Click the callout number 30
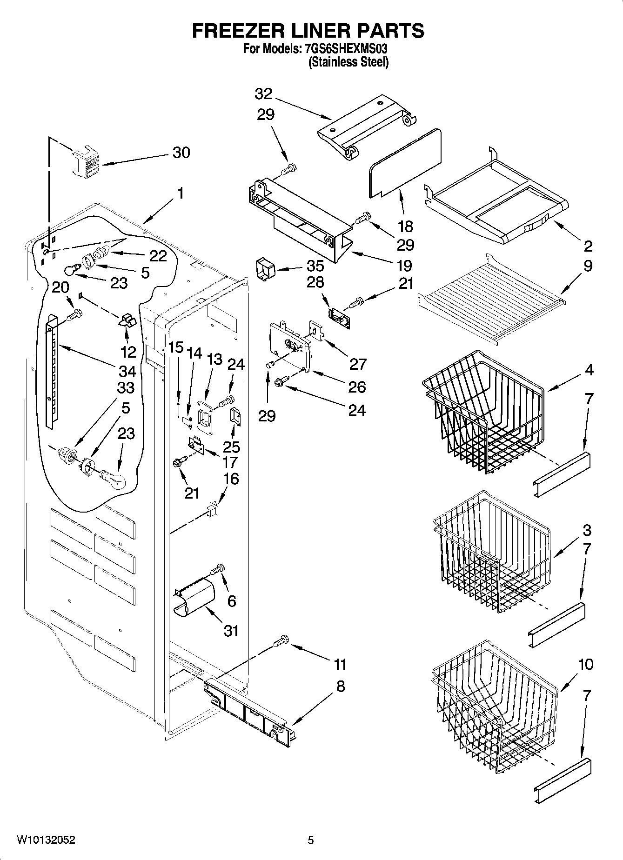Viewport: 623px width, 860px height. click(x=181, y=153)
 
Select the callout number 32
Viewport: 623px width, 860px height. click(x=263, y=94)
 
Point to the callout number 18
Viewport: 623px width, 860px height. click(x=405, y=227)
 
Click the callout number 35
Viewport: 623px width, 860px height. click(x=315, y=266)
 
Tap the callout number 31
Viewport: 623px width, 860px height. click(x=231, y=631)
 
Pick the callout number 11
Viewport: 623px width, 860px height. click(x=340, y=664)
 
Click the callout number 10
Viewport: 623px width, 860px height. click(x=586, y=665)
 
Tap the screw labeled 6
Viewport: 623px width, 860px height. click(x=217, y=569)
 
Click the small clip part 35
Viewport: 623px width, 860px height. click(x=265, y=270)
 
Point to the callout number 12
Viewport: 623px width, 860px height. click(x=128, y=352)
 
